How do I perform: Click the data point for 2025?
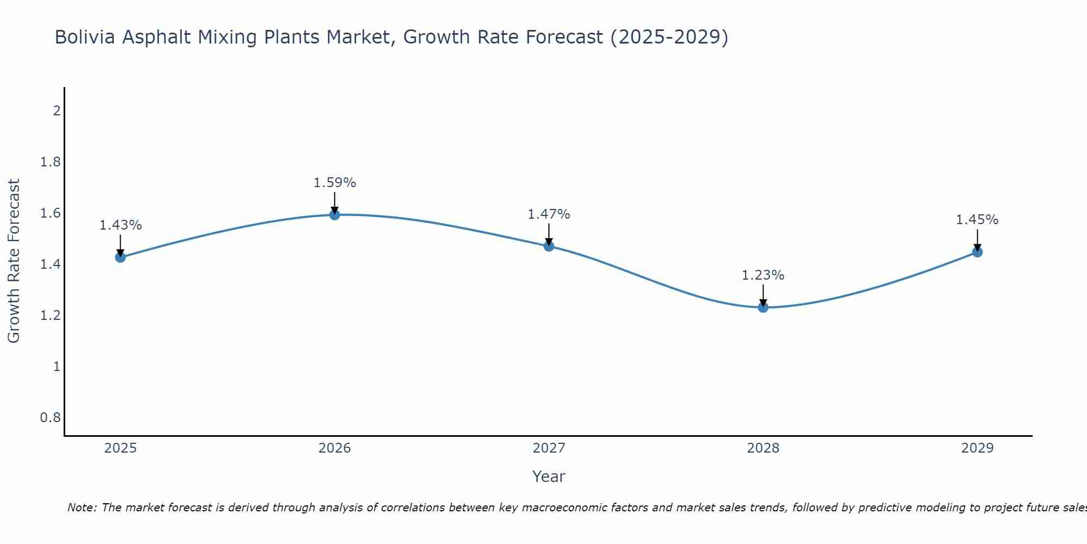[x=121, y=257]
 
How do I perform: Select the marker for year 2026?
[x=335, y=215]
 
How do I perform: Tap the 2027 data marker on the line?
[x=549, y=246]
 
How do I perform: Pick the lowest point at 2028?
[x=763, y=307]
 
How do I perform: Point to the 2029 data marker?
[x=977, y=252]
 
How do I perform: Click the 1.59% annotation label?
[x=335, y=183]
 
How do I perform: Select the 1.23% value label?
[x=763, y=275]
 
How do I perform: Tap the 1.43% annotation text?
[x=121, y=225]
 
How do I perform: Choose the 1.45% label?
[x=977, y=220]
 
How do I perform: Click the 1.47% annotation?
[x=549, y=214]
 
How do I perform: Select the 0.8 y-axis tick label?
[x=51, y=418]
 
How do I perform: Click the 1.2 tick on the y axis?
[x=51, y=316]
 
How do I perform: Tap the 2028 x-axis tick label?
[x=763, y=448]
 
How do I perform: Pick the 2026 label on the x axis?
[x=335, y=448]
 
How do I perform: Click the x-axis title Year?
[x=549, y=477]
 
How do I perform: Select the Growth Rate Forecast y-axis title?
[x=14, y=261]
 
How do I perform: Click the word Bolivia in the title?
[x=85, y=38]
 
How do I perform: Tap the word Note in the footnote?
[x=82, y=508]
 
